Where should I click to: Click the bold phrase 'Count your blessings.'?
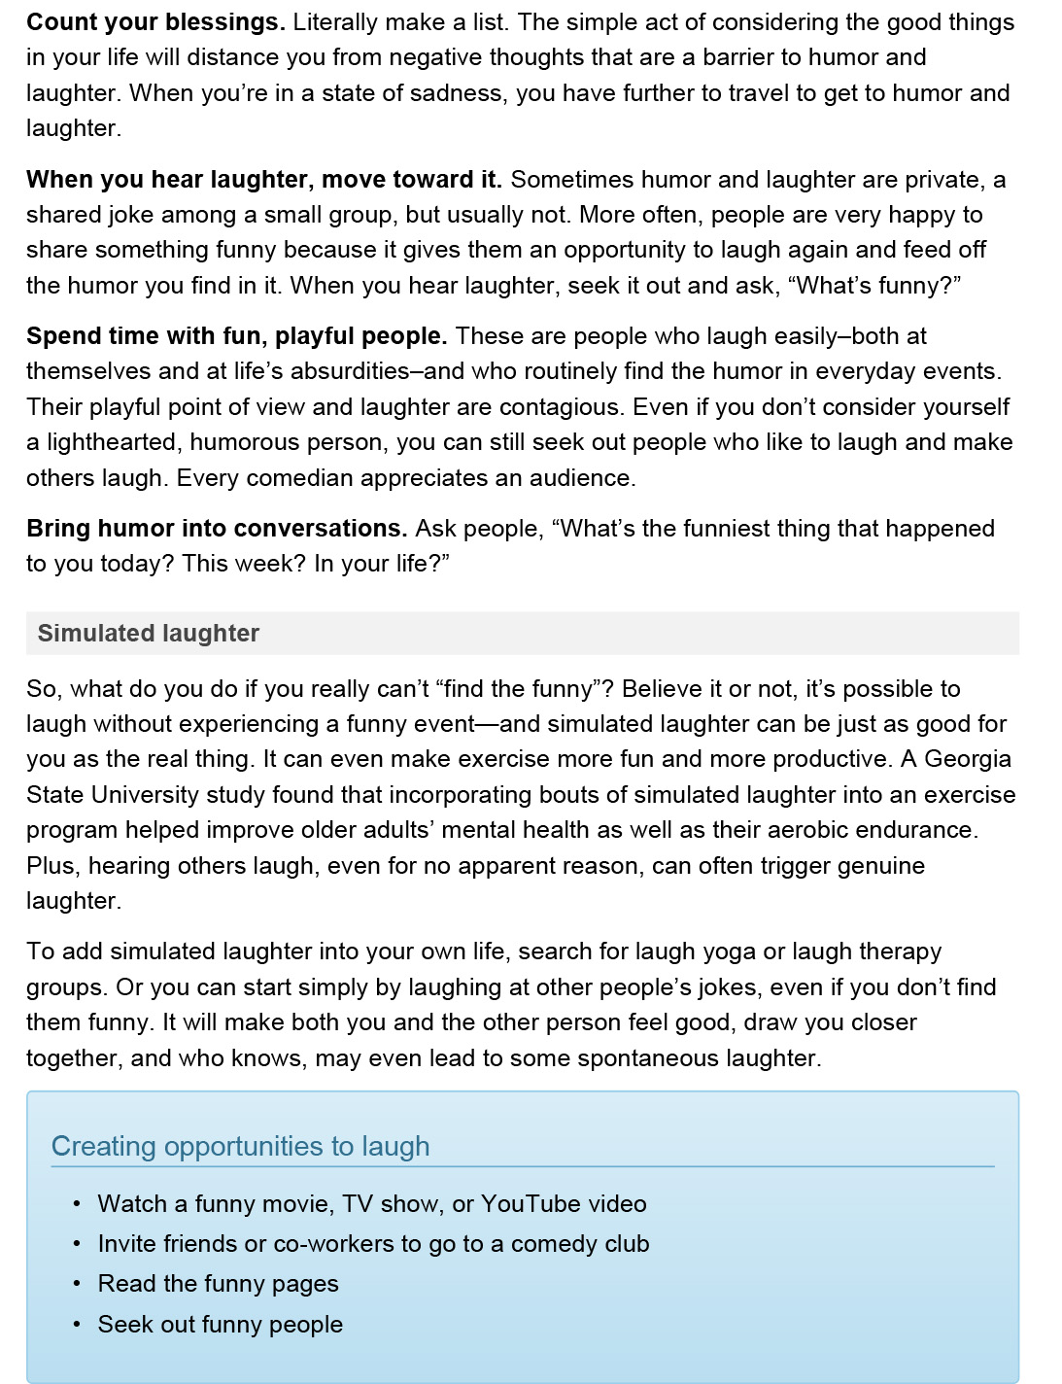tap(155, 21)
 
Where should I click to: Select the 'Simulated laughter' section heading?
tap(149, 633)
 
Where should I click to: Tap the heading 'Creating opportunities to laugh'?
tap(240, 1146)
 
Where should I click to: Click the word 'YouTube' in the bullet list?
tap(531, 1204)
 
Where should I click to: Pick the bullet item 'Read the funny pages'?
tap(218, 1284)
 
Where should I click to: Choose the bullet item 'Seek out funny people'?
tap(220, 1325)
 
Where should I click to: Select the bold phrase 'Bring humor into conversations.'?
tap(217, 529)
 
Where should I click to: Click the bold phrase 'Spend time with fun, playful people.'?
tap(237, 336)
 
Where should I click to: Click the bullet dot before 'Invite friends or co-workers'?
tap(77, 1244)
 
